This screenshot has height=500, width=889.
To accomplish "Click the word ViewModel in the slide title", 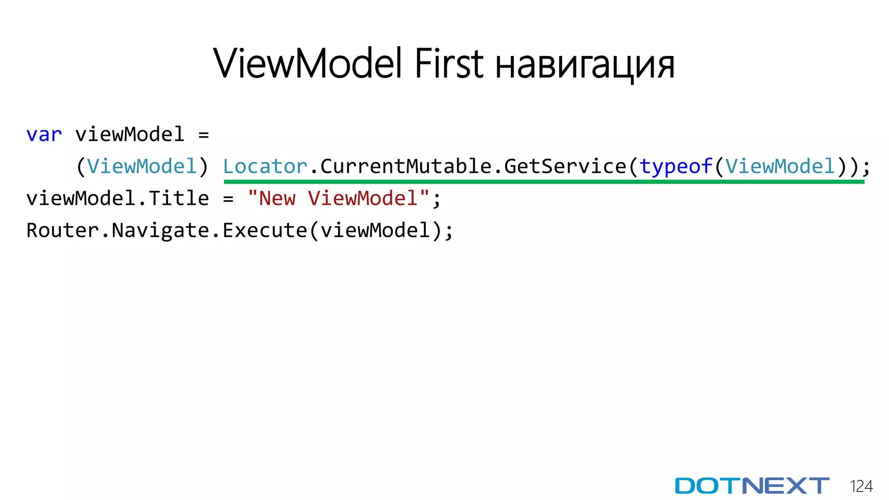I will (x=307, y=64).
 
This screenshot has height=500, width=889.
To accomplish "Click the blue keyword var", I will (x=44, y=135).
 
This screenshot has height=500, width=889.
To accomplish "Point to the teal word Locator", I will (x=265, y=167).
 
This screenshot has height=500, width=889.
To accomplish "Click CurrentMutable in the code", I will (x=405, y=167).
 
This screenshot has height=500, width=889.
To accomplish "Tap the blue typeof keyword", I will (x=675, y=167).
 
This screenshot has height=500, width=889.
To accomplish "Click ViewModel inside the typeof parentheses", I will (x=780, y=167).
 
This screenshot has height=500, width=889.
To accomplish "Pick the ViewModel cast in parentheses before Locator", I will (x=142, y=167).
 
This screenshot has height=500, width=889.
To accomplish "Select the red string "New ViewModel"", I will (x=338, y=198).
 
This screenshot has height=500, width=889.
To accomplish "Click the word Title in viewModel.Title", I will (x=179, y=198).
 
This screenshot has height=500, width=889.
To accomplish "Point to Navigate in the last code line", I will (x=161, y=230).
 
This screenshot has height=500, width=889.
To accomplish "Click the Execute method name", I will (x=265, y=230).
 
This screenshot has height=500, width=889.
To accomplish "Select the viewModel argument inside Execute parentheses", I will (x=375, y=230).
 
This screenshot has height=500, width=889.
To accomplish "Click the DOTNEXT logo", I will (x=752, y=486).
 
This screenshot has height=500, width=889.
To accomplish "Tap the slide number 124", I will (x=861, y=486).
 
